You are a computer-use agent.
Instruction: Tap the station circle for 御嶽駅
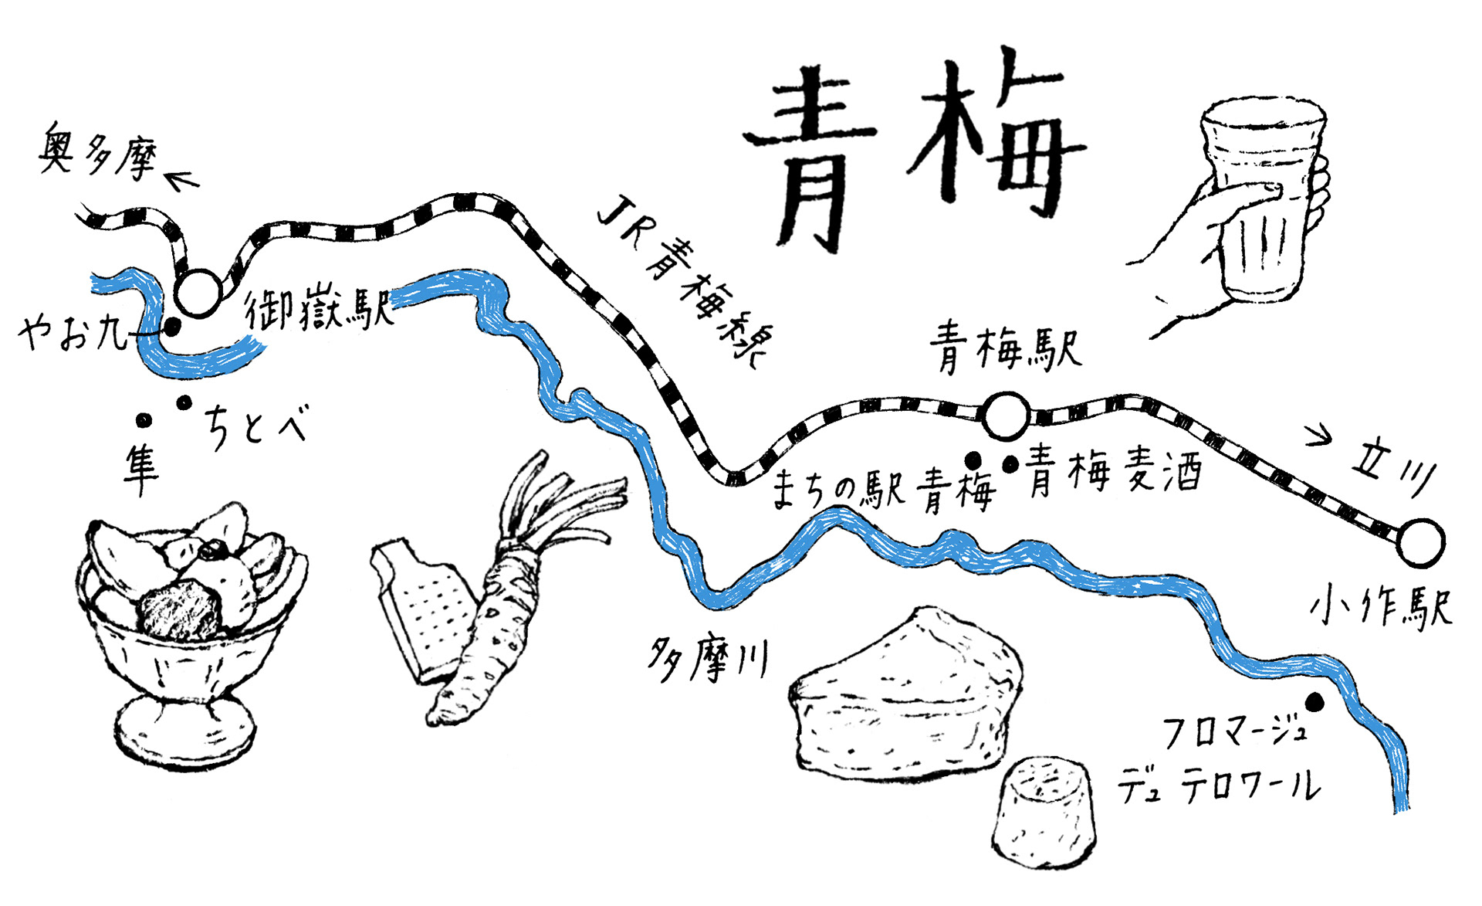(198, 293)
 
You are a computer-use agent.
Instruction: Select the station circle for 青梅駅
(1007, 416)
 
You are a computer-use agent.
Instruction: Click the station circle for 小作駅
(1420, 542)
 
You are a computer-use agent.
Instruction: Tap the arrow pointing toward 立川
(1318, 436)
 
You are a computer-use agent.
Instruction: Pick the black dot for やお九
(173, 327)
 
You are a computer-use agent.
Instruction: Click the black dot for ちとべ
(184, 402)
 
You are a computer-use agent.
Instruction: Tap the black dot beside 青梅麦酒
(1010, 464)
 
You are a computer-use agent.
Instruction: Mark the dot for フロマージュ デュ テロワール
(1315, 702)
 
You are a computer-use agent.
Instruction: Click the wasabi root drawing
(494, 618)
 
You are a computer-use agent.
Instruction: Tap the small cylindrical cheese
(1043, 811)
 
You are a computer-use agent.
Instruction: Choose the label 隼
(141, 467)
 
